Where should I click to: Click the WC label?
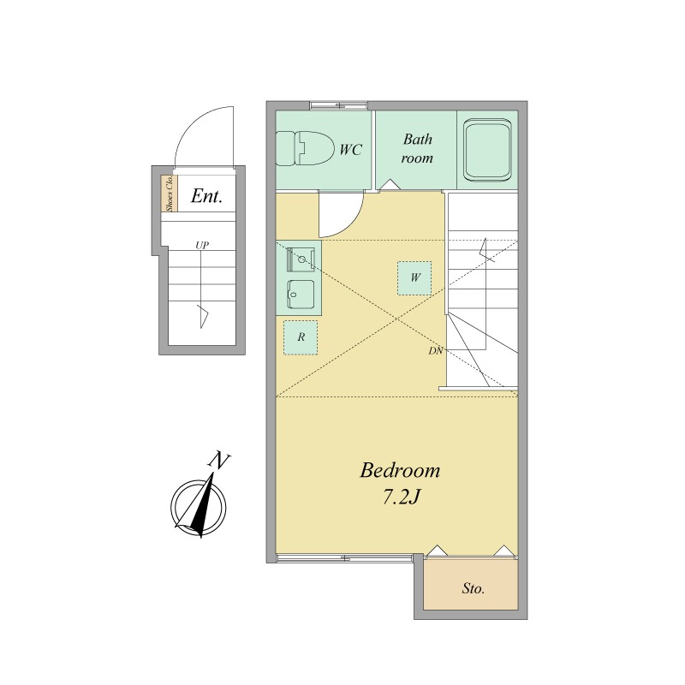pos(351,150)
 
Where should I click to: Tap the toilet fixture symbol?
pos(304,148)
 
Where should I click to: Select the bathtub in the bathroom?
pos(487,152)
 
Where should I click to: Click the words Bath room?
pos(417,148)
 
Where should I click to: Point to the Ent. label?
pos(206,196)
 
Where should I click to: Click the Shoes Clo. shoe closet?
pos(169,194)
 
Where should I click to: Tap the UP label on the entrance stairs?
pos(201,245)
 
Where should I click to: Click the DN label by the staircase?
pos(436,350)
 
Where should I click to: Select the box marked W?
pos(414,277)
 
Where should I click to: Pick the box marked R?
pos(301,337)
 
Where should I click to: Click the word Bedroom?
pos(400,471)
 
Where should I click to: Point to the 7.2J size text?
pos(401,497)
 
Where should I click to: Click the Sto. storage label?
pos(474,588)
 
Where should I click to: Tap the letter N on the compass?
pos(219,461)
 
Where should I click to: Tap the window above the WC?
pos(338,105)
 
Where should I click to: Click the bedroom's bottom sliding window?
pos(345,558)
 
